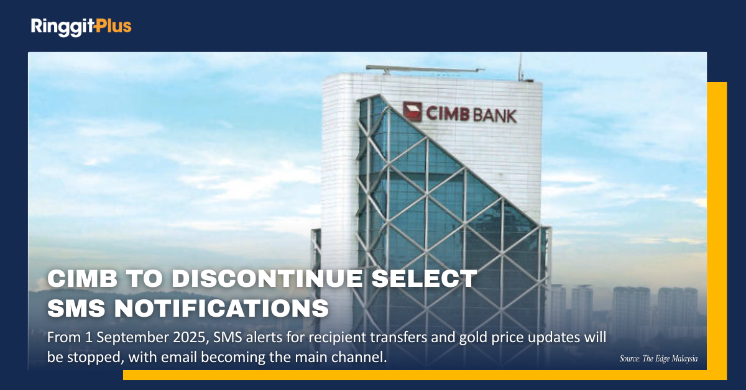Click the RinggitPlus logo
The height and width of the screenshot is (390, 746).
coord(81,27)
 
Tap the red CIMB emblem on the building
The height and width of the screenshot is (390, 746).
coord(412,112)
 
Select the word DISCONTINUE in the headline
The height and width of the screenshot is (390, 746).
coord(267,278)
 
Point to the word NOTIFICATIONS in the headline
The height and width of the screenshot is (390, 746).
coord(221,308)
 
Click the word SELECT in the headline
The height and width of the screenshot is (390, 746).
coord(424,278)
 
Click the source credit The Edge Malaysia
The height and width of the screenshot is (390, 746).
coord(670,359)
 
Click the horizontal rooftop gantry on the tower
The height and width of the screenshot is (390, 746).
coord(425,69)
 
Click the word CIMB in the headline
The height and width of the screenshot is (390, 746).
coord(83,278)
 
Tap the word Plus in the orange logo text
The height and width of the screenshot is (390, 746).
coord(113,26)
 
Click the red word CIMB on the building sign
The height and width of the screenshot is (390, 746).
coord(448,114)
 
